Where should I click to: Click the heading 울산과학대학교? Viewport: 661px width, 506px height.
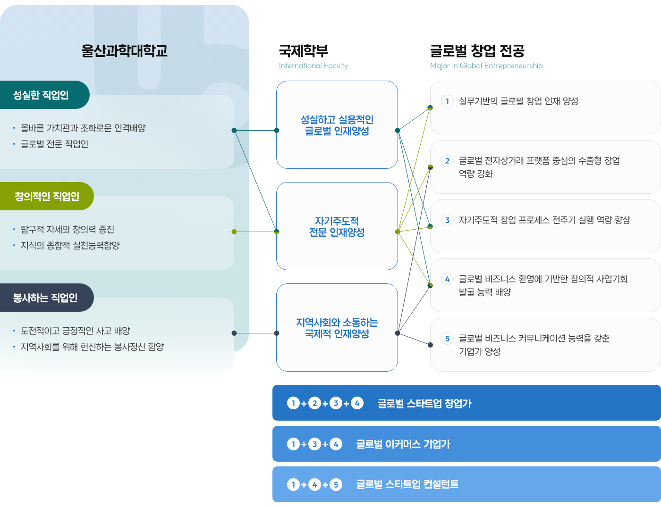tap(124, 51)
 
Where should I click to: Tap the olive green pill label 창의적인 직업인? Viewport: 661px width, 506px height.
tap(47, 196)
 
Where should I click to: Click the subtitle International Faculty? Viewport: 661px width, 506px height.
tap(314, 66)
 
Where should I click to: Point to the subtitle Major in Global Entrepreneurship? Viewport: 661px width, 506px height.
tap(486, 66)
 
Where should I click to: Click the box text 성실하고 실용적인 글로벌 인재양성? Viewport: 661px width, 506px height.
tap(337, 125)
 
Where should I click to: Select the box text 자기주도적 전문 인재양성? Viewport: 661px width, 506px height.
tap(337, 226)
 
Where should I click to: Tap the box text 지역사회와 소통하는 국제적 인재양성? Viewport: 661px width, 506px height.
tap(337, 328)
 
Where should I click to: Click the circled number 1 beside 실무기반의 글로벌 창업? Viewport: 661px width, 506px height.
tap(447, 101)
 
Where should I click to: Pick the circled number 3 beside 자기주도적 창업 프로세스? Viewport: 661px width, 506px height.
tap(447, 220)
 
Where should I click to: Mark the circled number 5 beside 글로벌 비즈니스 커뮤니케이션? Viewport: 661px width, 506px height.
tap(447, 338)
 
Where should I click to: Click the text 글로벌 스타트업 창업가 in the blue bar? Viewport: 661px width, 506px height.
tap(424, 403)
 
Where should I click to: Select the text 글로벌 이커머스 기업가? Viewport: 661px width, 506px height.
tap(403, 444)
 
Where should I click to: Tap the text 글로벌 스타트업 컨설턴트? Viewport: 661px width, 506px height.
tap(407, 484)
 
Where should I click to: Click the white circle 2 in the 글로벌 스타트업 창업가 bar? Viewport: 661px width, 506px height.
tap(314, 403)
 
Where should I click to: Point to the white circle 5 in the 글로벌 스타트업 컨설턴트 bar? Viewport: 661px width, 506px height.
tap(336, 484)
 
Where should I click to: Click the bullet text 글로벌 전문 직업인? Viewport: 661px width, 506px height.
tap(54, 144)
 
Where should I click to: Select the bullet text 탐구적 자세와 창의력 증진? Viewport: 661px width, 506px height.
tap(67, 229)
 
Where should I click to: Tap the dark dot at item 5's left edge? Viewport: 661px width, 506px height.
tap(430, 345)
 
